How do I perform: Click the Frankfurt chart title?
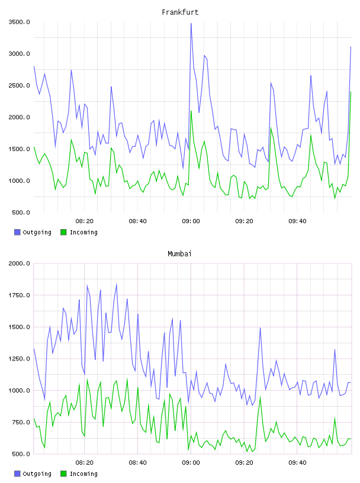click(180, 12)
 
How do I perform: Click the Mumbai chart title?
click(179, 254)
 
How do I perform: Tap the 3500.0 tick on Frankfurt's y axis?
click(19, 22)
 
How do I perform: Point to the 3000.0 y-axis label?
click(19, 54)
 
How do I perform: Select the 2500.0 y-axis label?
click(19, 85)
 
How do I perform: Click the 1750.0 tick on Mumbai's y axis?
click(19, 295)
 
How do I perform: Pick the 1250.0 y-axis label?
click(19, 359)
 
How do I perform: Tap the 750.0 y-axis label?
click(21, 422)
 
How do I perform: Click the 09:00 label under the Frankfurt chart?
click(191, 221)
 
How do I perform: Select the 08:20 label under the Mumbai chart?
click(85, 463)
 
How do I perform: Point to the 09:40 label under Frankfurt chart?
click(297, 221)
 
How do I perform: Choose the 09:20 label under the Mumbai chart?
click(244, 463)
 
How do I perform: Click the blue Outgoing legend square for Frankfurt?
click(17, 232)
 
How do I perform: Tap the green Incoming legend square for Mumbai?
click(63, 474)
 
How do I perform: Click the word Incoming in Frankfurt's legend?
click(83, 233)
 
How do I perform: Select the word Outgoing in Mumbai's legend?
click(37, 474)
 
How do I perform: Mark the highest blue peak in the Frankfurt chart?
click(191, 24)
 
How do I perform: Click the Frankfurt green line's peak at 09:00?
click(191, 111)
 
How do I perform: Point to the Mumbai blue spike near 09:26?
click(260, 328)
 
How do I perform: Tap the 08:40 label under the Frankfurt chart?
click(137, 221)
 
